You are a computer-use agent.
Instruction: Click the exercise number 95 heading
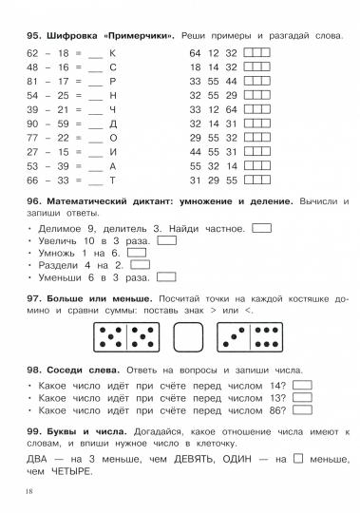pos(36,35)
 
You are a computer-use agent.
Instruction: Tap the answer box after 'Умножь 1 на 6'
pos(137,254)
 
